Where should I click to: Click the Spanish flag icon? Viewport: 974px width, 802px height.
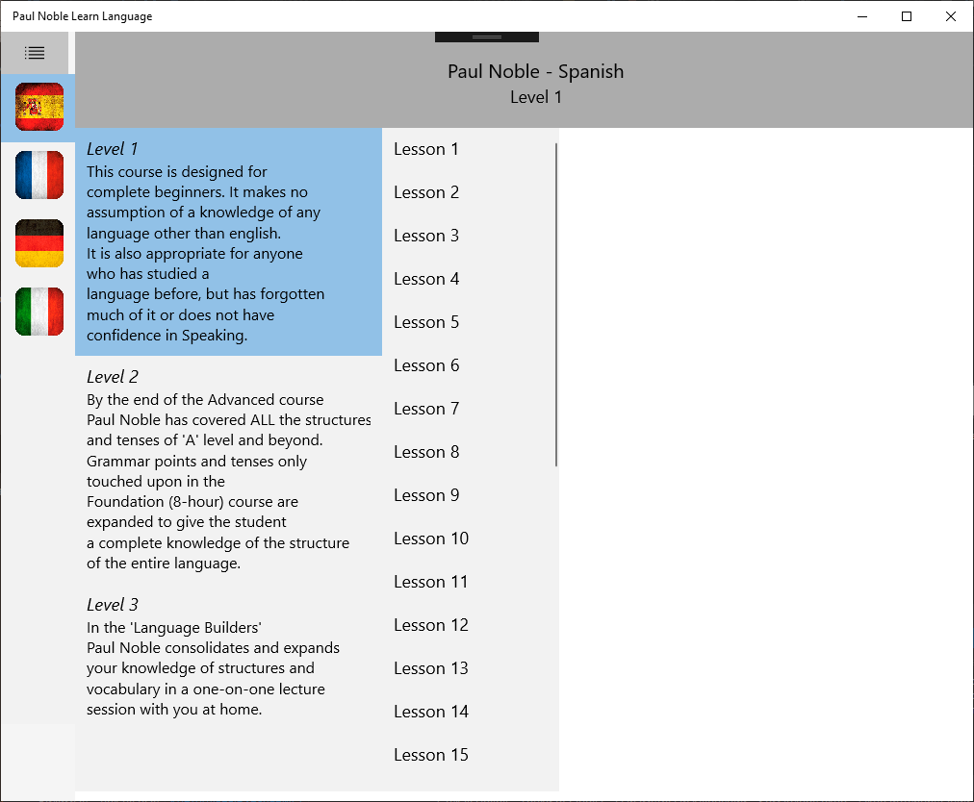39,107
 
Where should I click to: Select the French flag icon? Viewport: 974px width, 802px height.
39,175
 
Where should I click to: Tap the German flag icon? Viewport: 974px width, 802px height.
39,243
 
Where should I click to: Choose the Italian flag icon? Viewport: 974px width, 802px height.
39,312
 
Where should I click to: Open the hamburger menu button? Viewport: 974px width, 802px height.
35,53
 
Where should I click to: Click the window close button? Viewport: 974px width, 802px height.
951,16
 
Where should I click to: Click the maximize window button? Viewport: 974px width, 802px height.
907,16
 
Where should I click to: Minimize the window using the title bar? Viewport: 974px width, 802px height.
862,16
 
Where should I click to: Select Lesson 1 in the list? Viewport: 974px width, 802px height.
426,149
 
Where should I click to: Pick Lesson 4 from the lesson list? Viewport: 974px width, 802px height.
426,279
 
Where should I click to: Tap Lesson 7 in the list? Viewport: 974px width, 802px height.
426,409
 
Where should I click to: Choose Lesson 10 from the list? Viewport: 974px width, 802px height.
431,539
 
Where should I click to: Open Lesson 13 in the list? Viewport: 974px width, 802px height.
431,668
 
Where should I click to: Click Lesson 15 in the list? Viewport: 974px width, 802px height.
431,755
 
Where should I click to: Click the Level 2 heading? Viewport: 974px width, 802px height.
113,377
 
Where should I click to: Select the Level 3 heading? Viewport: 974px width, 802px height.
113,605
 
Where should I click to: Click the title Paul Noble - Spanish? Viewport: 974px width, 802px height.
536,72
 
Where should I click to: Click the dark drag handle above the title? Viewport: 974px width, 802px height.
487,37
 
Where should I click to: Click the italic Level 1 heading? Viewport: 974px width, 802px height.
113,149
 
